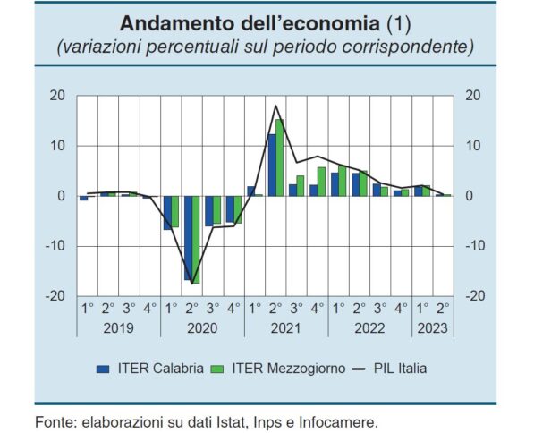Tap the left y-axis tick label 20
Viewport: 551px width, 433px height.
pyautogui.click(x=57, y=96)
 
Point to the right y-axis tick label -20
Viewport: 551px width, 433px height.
pyautogui.click(x=475, y=296)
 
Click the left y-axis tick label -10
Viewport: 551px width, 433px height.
pyautogui.click(x=55, y=246)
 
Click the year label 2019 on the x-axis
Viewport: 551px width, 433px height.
pyautogui.click(x=118, y=327)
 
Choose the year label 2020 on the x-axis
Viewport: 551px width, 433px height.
pyautogui.click(x=202, y=327)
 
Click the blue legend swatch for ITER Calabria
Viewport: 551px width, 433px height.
pyautogui.click(x=102, y=368)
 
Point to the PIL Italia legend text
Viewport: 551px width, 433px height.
pyautogui.click(x=399, y=368)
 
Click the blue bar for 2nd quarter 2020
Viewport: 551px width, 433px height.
pyautogui.click(x=188, y=237)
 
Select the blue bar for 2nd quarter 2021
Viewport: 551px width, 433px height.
pyautogui.click(x=272, y=165)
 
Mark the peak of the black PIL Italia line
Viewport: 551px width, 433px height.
pyautogui.click(x=276, y=106)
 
